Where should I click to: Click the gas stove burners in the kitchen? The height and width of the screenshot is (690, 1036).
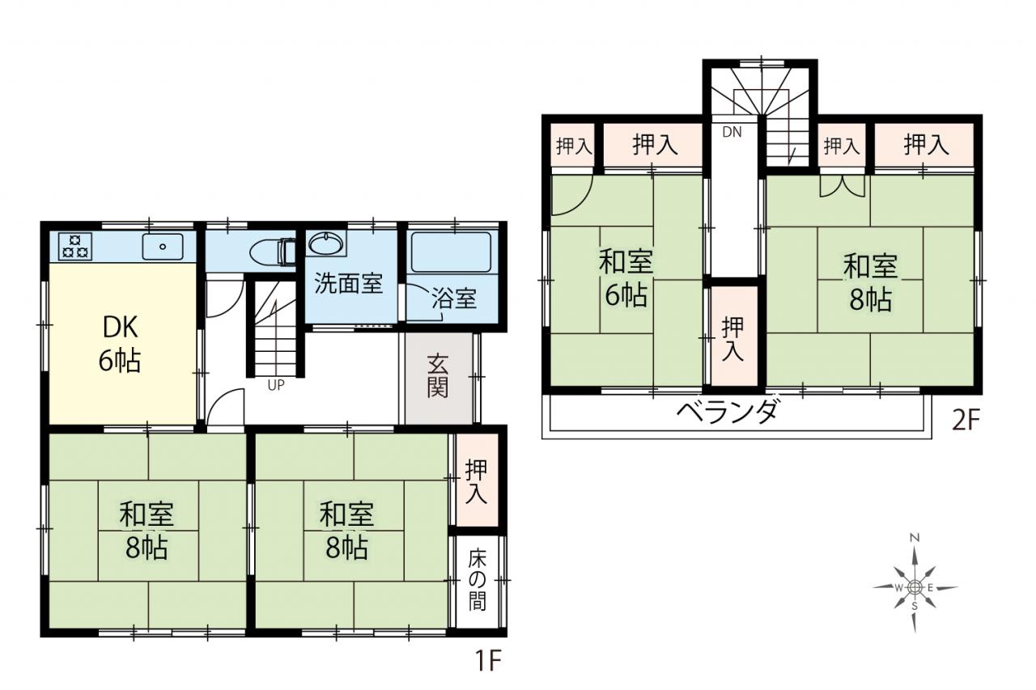coord(75,247)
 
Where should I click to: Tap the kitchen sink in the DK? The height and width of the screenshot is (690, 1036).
coord(163,247)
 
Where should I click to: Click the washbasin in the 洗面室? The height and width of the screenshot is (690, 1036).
coord(326,243)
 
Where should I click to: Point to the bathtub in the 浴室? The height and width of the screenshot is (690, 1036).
coord(451,252)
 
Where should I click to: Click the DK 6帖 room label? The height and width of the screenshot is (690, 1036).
coord(120,345)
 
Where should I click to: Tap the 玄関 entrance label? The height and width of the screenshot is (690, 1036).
coord(438,375)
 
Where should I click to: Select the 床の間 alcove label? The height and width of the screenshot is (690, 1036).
coord(478,579)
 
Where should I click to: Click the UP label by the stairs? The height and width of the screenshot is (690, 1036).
coord(276,385)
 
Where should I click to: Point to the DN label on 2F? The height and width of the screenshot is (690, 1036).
coord(732,132)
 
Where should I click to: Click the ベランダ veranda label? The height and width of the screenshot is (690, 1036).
coord(726,410)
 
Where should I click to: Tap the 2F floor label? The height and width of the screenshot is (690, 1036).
coord(966,420)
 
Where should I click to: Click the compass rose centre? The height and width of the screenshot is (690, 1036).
coord(914,588)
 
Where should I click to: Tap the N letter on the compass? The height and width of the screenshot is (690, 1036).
coord(915,537)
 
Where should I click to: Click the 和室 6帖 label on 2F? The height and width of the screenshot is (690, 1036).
coord(626,279)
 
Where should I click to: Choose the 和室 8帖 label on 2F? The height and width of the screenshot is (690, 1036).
coord(870,282)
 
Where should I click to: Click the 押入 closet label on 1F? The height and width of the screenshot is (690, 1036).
coord(477,481)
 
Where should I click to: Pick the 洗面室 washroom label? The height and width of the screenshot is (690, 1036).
coord(349,283)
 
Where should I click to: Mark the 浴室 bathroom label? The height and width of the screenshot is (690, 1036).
coord(454,298)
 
